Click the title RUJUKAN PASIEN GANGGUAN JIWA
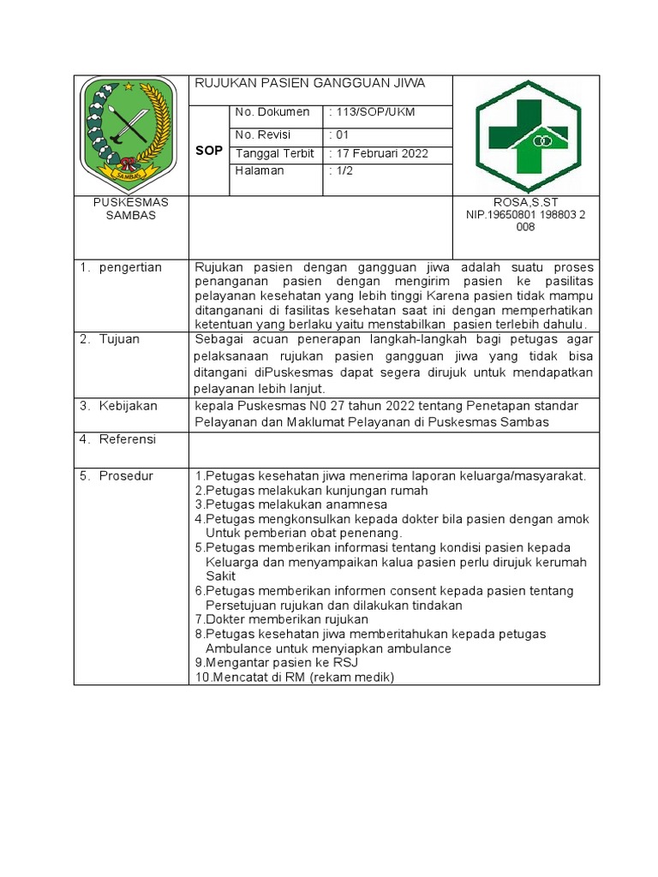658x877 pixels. [x=309, y=83]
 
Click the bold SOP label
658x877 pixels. [x=209, y=150]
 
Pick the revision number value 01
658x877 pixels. [x=339, y=134]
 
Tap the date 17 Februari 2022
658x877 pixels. [x=378, y=154]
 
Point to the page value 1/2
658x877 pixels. [x=342, y=171]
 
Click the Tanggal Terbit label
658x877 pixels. [x=274, y=154]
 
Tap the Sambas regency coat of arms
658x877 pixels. [x=128, y=134]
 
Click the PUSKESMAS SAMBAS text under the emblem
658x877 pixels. [x=131, y=209]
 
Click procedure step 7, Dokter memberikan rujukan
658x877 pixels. [x=282, y=619]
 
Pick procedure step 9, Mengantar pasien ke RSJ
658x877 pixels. [x=276, y=663]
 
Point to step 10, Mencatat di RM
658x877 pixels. [x=294, y=677]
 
